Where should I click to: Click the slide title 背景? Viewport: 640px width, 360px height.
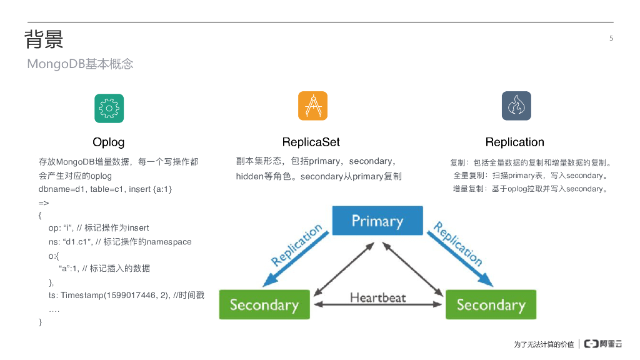click(x=44, y=39)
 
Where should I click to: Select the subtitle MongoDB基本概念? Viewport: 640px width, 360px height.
click(x=80, y=64)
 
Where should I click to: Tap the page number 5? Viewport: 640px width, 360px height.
click(x=611, y=38)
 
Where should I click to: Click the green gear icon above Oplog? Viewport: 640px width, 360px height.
click(x=109, y=108)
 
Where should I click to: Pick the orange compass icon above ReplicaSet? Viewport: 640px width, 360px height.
click(x=312, y=106)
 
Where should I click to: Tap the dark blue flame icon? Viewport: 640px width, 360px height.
click(x=516, y=106)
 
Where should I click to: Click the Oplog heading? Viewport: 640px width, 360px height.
click(x=109, y=142)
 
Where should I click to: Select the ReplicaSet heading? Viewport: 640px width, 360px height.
click(x=311, y=142)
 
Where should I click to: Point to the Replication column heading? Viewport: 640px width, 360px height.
click(x=514, y=142)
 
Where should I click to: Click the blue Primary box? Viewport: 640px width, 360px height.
click(x=377, y=221)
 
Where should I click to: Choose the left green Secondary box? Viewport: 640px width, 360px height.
click(x=264, y=304)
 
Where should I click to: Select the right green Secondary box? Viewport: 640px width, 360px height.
click(x=491, y=304)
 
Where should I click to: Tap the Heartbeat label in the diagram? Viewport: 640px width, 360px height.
click(x=377, y=297)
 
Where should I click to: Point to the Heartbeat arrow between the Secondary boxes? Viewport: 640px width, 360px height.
click(x=377, y=305)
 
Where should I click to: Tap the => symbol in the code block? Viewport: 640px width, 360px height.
click(x=44, y=202)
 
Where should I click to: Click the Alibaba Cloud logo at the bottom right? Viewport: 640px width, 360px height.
click(x=603, y=344)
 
